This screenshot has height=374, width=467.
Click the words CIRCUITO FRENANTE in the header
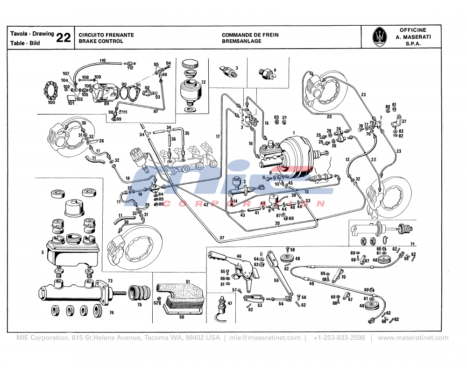[106, 35]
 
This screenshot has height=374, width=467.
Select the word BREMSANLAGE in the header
[241, 41]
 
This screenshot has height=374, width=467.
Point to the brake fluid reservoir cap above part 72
[190, 65]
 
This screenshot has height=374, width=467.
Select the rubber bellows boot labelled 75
[139, 292]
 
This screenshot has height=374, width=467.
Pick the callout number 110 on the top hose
[102, 60]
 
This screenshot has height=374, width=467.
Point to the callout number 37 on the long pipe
[222, 238]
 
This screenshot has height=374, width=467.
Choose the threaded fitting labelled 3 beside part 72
[227, 71]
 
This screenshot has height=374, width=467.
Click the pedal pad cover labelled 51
[180, 292]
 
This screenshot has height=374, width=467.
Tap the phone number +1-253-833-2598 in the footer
[339, 338]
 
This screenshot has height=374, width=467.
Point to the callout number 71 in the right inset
[412, 244]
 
